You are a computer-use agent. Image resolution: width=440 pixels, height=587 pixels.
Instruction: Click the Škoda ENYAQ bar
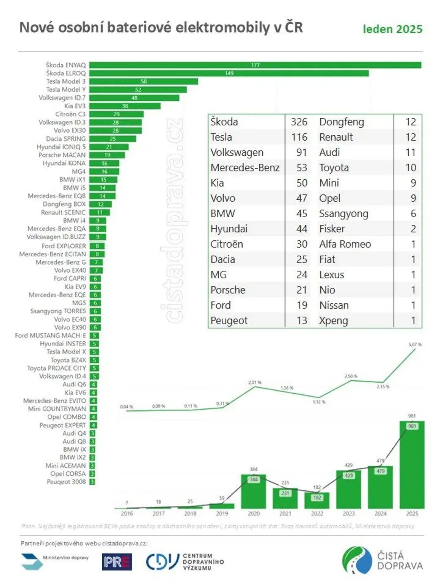tap(255, 65)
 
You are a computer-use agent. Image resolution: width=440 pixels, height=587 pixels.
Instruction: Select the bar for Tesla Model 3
tap(143, 82)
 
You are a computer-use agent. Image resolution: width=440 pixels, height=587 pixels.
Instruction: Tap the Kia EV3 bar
tap(125, 106)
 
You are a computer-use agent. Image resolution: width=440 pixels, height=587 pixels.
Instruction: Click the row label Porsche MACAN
tap(62, 155)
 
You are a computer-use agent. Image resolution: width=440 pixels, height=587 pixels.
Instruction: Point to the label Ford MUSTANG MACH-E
tap(51, 335)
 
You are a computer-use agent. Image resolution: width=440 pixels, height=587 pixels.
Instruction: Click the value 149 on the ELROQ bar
tap(229, 73)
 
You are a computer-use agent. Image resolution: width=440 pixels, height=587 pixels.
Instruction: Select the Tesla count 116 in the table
tap(299, 137)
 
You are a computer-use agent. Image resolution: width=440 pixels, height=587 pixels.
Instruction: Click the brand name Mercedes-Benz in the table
tap(245, 168)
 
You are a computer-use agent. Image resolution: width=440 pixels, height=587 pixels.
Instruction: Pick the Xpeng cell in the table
tap(333, 321)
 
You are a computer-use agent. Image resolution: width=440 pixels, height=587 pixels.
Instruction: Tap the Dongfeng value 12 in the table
tap(410, 122)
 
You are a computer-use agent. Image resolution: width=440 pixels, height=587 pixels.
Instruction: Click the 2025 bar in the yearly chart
tap(412, 465)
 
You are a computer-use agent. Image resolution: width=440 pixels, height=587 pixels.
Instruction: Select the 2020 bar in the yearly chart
tap(253, 491)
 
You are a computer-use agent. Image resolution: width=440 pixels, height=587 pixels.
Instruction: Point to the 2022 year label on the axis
tap(317, 514)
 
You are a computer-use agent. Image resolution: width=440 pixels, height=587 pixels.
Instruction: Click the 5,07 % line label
tap(415, 344)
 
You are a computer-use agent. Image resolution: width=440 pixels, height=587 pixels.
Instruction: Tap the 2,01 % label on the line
tap(255, 382)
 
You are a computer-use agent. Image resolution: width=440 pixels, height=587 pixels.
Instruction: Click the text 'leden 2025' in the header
tap(392, 29)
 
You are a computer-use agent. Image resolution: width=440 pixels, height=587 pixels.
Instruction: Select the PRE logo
tap(117, 562)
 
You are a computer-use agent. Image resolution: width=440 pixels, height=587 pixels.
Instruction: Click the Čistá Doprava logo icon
tap(357, 560)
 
